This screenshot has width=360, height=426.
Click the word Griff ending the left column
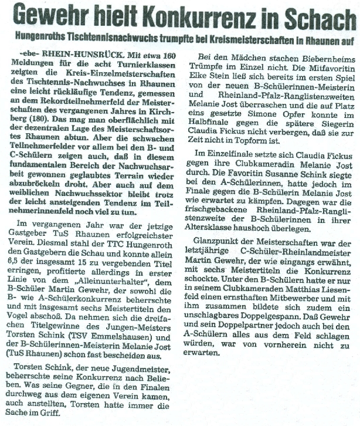(62, 411)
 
